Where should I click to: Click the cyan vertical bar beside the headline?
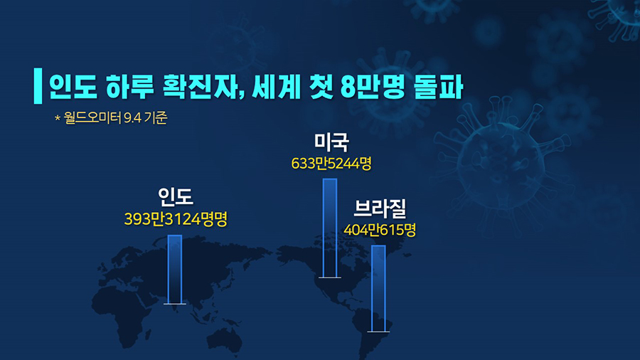click(x=38, y=85)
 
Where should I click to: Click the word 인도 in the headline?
click(x=73, y=87)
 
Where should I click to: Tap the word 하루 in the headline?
click(x=130, y=87)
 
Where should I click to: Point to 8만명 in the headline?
click(x=373, y=87)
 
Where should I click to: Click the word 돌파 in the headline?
click(x=438, y=87)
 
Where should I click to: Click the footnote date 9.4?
click(x=132, y=118)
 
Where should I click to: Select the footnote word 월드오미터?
click(x=92, y=117)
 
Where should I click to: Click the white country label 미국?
click(x=331, y=142)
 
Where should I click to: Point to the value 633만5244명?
click(x=331, y=164)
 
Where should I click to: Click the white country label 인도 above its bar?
click(x=176, y=196)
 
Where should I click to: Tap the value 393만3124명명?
click(x=176, y=219)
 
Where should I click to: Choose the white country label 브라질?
click(x=380, y=208)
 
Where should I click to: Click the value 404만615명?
click(x=380, y=230)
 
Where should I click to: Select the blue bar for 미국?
click(x=330, y=228)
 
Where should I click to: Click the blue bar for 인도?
click(x=175, y=270)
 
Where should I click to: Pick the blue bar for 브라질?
click(x=378, y=289)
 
